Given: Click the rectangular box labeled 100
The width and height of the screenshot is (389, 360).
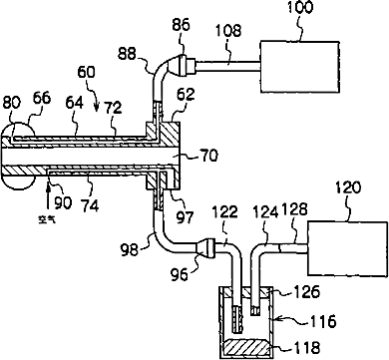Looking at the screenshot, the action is tap(299, 67).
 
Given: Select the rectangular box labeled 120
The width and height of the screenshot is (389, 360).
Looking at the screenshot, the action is tap(347, 248).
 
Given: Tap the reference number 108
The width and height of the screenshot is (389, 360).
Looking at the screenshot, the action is tap(228, 31).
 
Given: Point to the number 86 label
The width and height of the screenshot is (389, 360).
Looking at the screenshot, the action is tap(181, 25).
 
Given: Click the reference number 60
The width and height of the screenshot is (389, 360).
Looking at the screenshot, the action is tap(86, 72).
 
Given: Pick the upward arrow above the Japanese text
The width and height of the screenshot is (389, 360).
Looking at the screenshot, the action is tap(49, 196).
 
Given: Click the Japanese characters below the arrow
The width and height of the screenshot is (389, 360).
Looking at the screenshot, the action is tap(46, 219).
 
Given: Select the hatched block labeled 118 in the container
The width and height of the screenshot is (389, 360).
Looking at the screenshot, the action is tap(247, 348).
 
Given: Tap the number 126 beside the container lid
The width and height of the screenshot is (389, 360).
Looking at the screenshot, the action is tap(306, 292).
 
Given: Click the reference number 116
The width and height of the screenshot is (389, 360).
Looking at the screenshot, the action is tap(323, 321).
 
